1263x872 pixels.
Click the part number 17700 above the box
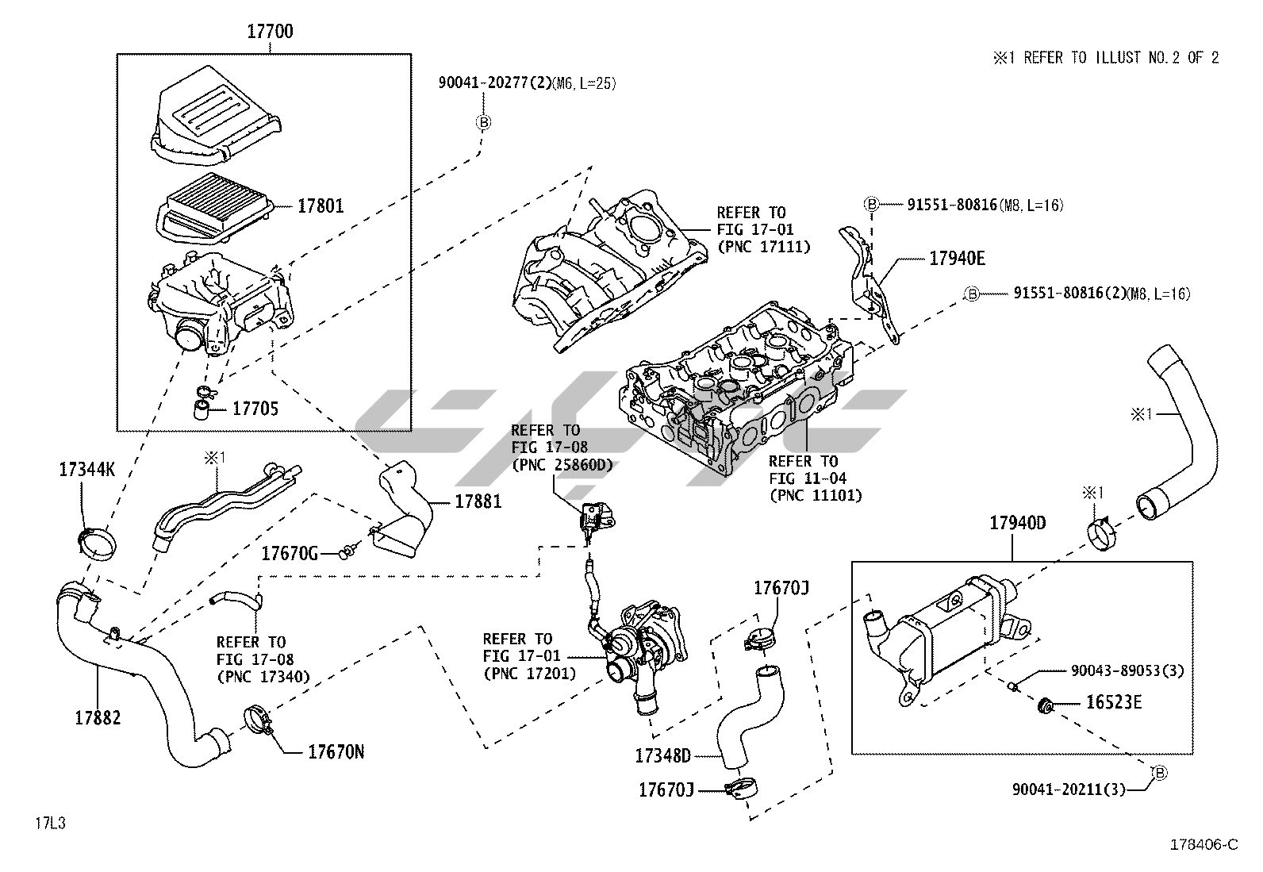270,33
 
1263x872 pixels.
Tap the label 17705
255,409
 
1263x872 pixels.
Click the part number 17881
478,501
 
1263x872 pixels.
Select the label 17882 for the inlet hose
98,718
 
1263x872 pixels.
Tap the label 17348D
662,755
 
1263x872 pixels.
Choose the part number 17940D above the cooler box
1017,523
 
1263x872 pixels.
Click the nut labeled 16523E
1046,703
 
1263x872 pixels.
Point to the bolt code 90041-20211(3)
1068,789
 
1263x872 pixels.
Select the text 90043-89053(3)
1127,671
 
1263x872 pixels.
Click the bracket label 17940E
958,259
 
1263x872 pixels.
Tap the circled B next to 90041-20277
483,122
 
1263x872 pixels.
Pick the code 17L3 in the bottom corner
49,823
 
